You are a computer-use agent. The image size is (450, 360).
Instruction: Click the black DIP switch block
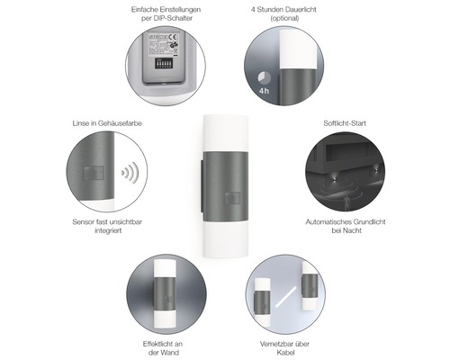pos(164,63)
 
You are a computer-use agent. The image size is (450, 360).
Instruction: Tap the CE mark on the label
pos(173,38)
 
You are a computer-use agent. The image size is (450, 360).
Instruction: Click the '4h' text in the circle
pos(264,91)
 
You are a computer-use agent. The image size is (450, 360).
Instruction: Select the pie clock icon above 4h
pos(265,78)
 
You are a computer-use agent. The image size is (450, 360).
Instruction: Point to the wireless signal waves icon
pos(130,173)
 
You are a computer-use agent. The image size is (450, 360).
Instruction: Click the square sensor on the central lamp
pos(232,198)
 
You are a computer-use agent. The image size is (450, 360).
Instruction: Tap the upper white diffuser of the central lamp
pos(226,133)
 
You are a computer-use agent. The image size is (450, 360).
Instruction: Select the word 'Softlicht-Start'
pos(345,123)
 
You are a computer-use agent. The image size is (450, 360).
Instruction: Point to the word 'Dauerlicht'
pos(300,10)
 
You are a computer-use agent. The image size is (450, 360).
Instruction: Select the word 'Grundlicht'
pos(370,222)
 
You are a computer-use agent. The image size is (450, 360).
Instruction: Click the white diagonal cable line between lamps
pos(285,297)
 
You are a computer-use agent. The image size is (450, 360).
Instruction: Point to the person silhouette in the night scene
pos(347,201)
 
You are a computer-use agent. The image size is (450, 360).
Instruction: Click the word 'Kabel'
pos(285,353)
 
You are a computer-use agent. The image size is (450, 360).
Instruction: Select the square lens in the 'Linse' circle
pos(94,173)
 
